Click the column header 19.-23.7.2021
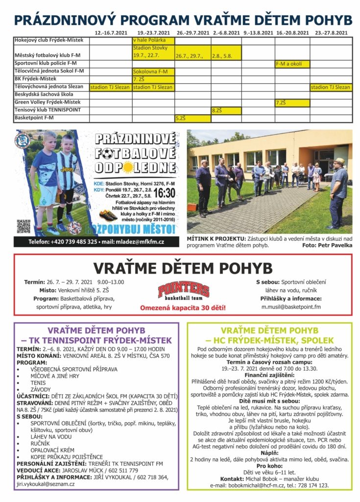[153, 33]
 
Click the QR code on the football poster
[24, 226]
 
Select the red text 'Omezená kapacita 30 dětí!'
[183, 308]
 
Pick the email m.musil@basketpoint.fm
[290, 307]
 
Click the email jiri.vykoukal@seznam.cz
[46, 484]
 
